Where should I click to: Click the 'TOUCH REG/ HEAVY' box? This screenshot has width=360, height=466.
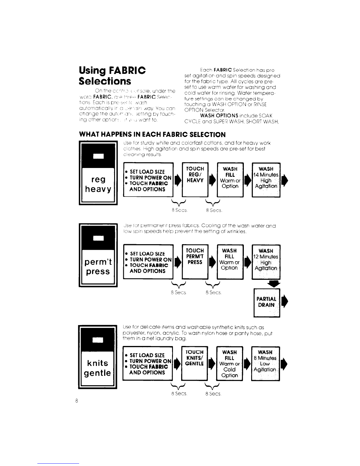coord(195,179)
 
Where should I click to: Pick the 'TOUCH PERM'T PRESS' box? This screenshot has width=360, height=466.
coord(195,262)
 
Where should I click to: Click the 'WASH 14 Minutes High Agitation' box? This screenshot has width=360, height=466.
coord(266,179)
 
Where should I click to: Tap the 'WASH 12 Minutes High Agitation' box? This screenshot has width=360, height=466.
coord(266,262)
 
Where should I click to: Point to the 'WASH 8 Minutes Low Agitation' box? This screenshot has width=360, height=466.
coord(266,364)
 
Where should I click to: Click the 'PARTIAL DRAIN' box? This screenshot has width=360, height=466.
coord(266,303)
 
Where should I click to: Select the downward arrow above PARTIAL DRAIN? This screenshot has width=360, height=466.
coord(274,283)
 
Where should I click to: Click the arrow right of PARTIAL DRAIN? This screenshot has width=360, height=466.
coord(284,302)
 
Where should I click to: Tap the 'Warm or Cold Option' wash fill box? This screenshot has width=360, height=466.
coord(230,364)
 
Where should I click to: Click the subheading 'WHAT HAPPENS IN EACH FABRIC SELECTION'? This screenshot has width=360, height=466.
coord(152,134)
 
